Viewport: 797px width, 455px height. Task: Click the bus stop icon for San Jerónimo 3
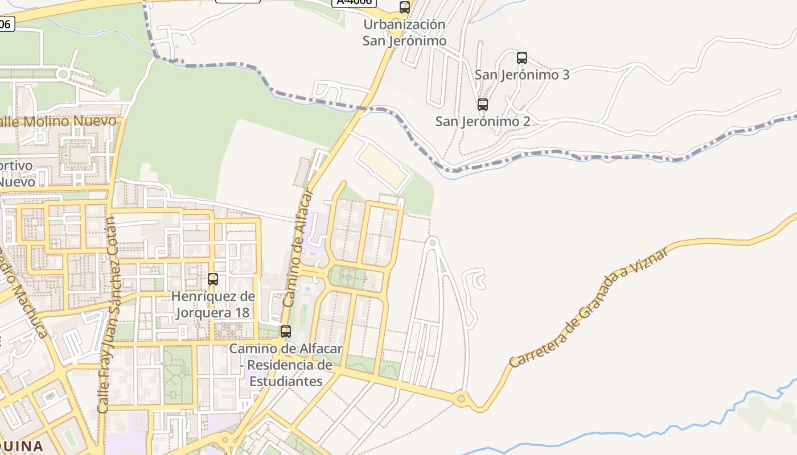point(521,57)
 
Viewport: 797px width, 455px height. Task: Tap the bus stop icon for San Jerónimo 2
point(482,104)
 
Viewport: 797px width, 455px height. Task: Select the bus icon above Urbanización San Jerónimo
point(404,7)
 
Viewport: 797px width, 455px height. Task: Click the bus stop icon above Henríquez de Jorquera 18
point(213,279)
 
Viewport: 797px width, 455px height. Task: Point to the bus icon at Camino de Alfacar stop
point(286,331)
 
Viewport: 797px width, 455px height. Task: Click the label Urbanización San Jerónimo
point(404,33)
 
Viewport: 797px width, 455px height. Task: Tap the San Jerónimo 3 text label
point(522,75)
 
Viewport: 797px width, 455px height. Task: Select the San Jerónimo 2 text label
point(483,121)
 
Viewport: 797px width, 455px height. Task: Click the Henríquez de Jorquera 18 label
point(213,304)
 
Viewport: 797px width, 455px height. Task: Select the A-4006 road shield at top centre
point(354,2)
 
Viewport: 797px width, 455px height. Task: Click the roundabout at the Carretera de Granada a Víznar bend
point(461,399)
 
